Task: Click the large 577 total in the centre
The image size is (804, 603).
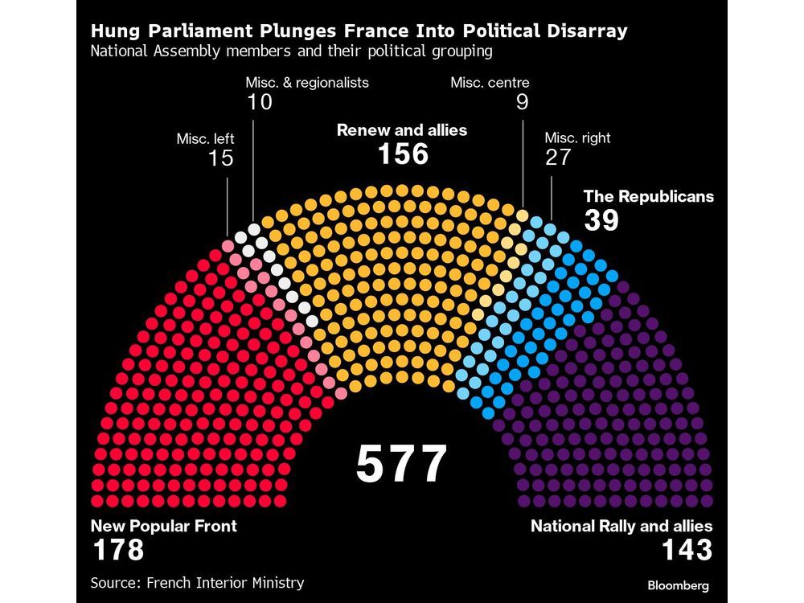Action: pyautogui.click(x=401, y=464)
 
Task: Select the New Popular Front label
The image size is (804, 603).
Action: pyautogui.click(x=163, y=527)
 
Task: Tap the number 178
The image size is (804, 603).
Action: pyautogui.click(x=117, y=551)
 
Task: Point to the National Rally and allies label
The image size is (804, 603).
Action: pyautogui.click(x=621, y=527)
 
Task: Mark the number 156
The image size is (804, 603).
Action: pyautogui.click(x=403, y=154)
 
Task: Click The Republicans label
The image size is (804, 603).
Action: pyautogui.click(x=648, y=196)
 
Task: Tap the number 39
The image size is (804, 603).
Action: pyautogui.click(x=601, y=220)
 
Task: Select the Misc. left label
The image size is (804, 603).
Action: pyautogui.click(x=205, y=138)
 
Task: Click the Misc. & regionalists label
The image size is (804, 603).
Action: pyautogui.click(x=308, y=82)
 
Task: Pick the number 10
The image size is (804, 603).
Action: pyautogui.click(x=260, y=102)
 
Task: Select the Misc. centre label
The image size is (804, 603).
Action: pyautogui.click(x=490, y=82)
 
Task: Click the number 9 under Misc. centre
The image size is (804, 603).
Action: pyautogui.click(x=522, y=102)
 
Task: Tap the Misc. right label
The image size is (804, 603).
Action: pyautogui.click(x=577, y=137)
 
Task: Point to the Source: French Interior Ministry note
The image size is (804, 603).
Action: pyautogui.click(x=197, y=582)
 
